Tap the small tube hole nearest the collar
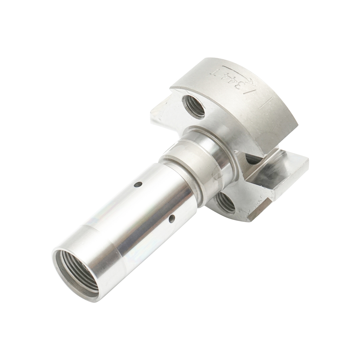pyautogui.click(x=138, y=185)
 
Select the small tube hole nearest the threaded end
pyautogui.click(x=172, y=219)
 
